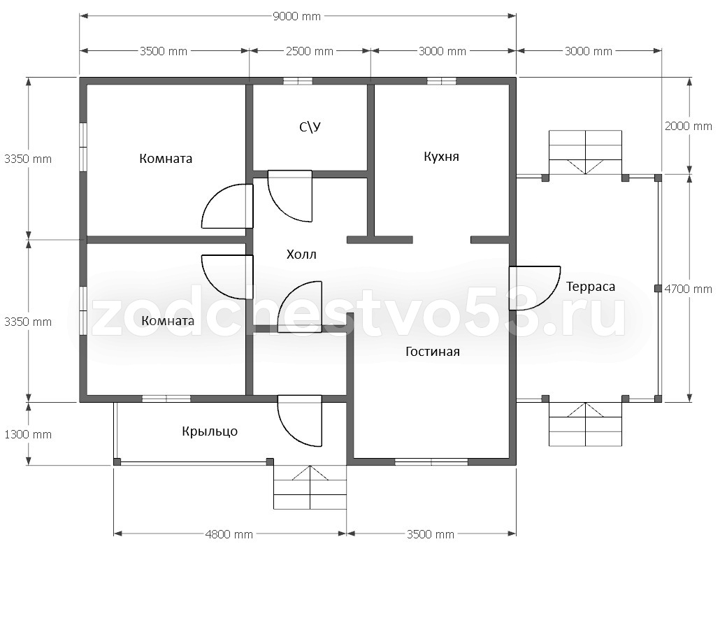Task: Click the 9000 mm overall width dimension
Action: [296, 17]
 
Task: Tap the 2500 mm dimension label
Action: [310, 52]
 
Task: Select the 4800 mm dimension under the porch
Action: [229, 534]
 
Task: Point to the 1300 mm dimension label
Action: [28, 435]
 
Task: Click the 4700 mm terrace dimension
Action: [689, 289]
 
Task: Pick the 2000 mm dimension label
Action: [689, 127]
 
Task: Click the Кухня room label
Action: [441, 157]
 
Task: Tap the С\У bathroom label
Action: [310, 127]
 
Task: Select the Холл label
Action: [301, 255]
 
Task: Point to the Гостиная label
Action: [433, 352]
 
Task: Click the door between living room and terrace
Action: [535, 288]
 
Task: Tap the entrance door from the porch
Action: [299, 421]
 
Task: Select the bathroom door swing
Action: [289, 196]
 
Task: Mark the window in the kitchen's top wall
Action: [441, 81]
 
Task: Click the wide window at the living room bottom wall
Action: [431, 461]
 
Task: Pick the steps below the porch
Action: [310, 487]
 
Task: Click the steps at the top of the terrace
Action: [586, 152]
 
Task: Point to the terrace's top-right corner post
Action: [658, 178]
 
